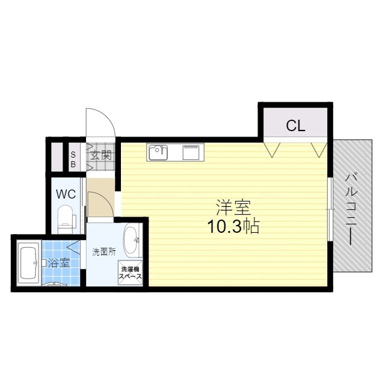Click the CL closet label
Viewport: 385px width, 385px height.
[x=295, y=126]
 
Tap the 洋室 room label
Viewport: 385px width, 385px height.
[x=233, y=207]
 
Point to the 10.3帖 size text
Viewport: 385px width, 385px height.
[x=233, y=226]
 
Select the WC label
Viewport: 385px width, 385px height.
[x=65, y=194]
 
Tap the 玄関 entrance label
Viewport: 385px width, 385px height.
[x=100, y=155]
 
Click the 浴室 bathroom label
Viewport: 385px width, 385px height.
[x=59, y=262]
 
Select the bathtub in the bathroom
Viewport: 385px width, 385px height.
[x=28, y=262]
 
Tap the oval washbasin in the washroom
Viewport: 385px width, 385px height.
[x=131, y=241]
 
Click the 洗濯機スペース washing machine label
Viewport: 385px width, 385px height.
[x=131, y=274]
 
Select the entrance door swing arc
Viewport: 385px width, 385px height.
[x=100, y=124]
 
